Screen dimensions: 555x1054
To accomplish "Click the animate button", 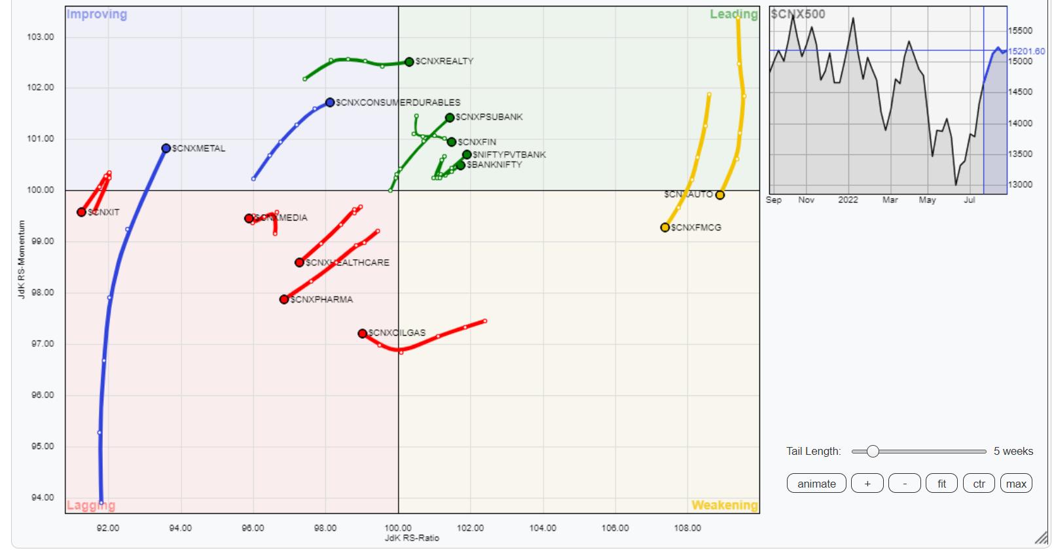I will coord(816,484).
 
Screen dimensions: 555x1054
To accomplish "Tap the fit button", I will coord(941,484).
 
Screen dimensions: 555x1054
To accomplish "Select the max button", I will coord(1016,484).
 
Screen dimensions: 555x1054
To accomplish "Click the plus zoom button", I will coord(867,484).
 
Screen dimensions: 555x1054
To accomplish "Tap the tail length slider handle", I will coord(873,452).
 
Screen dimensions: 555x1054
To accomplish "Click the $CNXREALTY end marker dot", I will coord(409,62).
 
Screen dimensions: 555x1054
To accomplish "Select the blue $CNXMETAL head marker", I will coord(166,149).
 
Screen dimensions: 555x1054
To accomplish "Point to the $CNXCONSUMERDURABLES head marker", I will coord(330,103).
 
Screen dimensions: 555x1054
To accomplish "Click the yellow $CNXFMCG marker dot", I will coord(665,228).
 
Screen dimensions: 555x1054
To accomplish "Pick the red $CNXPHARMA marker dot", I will coord(284,299).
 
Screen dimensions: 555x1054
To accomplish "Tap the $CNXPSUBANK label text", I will coord(489,117).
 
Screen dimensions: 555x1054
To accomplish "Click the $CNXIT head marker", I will coord(81,212).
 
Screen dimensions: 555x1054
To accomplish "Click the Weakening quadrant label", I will coord(724,505).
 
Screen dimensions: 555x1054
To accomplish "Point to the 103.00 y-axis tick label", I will coord(41,37).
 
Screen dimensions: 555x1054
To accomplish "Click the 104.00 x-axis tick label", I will coord(543,528).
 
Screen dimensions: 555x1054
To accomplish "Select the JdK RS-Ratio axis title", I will coord(412,538).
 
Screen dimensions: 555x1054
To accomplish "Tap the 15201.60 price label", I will coord(1027,51).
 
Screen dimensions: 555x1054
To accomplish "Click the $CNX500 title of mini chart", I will coord(798,14).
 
